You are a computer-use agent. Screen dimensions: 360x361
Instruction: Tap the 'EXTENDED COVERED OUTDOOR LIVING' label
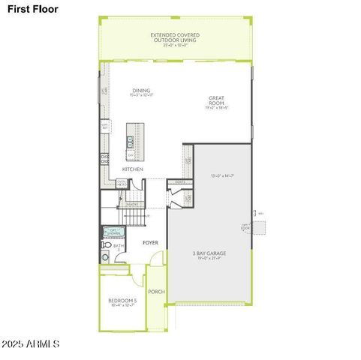176,37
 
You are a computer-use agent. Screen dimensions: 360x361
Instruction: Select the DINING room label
141,92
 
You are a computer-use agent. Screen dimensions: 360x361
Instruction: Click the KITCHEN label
133,169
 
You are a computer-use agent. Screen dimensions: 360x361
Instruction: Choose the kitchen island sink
131,139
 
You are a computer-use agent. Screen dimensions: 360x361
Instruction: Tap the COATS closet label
179,182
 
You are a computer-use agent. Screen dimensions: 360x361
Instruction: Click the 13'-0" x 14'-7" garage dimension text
224,175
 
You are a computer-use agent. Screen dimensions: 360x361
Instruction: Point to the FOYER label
150,243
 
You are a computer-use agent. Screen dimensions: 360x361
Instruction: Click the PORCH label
156,291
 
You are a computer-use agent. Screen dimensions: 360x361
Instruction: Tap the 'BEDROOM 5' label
122,302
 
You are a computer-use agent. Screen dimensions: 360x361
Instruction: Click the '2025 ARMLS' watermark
30,343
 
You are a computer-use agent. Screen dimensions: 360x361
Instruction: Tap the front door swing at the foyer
156,261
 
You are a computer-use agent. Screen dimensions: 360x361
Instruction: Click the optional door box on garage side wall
259,226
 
